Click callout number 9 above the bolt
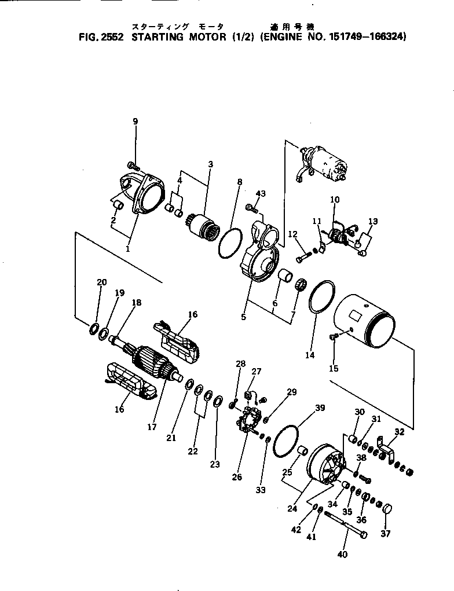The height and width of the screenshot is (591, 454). (135, 122)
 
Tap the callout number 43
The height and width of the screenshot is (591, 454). (261, 193)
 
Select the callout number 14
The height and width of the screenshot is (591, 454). (310, 355)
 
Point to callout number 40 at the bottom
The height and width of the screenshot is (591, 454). (342, 555)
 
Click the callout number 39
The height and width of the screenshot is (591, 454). (320, 408)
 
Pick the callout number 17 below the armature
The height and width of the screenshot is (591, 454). (152, 428)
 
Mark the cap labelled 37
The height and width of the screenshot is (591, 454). (386, 510)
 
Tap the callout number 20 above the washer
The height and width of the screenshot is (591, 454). (102, 282)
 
